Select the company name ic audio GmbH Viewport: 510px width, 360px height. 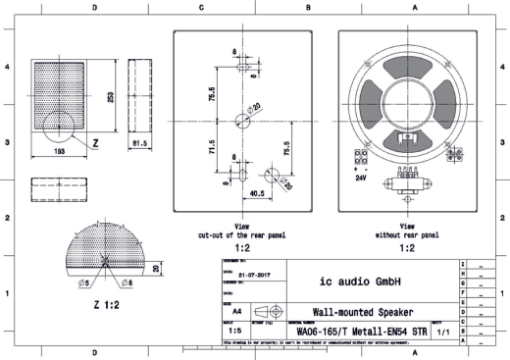click(365, 282)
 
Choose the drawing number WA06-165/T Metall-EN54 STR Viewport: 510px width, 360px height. click(366, 332)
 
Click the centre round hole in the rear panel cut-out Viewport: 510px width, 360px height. click(242, 121)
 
